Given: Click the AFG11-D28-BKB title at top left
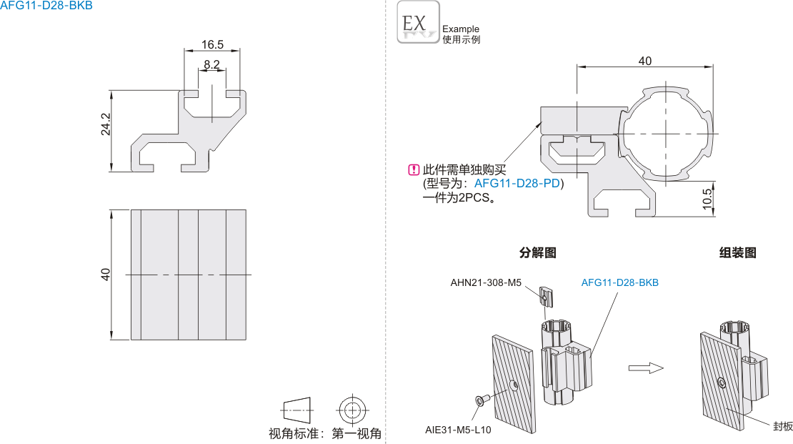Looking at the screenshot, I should (x=46, y=6).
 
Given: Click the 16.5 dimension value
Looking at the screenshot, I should (x=212, y=44).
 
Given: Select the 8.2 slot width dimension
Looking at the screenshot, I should (x=211, y=64).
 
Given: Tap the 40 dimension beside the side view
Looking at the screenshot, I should (x=106, y=274).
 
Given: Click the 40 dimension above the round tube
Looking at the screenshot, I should (x=644, y=61).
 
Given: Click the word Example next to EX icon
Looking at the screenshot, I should (x=461, y=29).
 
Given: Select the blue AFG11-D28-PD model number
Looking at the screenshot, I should (x=518, y=184).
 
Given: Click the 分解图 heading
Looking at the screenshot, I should (x=537, y=252).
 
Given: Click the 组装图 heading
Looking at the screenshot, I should (x=738, y=252).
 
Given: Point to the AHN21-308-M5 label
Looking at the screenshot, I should (x=487, y=282).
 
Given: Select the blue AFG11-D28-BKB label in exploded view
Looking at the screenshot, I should (x=620, y=282).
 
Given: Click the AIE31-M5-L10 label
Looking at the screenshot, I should (x=458, y=430).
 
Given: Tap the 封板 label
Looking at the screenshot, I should (x=783, y=426).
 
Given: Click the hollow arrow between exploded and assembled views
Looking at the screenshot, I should (x=646, y=367).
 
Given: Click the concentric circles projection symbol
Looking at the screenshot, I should (x=351, y=410).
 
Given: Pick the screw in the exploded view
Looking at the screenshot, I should (x=480, y=400).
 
